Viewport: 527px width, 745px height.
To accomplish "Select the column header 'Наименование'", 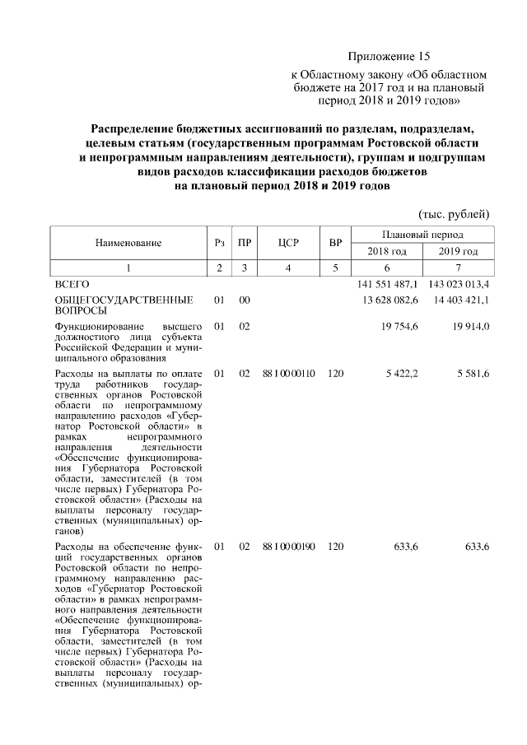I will [128, 242].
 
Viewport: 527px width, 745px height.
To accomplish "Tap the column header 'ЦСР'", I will [287, 242].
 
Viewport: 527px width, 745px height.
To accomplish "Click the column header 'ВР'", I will [335, 242].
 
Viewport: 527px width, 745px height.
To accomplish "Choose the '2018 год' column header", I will [386, 250].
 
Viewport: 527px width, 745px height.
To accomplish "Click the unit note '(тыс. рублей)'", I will [455, 214].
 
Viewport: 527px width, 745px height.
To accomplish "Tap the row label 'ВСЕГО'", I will [72, 284].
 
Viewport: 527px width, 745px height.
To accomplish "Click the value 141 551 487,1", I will [388, 284].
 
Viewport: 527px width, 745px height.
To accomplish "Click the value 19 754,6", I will [399, 327].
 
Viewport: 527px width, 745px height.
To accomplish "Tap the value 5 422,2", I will [402, 373].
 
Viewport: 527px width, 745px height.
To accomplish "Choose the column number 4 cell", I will [287, 268].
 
